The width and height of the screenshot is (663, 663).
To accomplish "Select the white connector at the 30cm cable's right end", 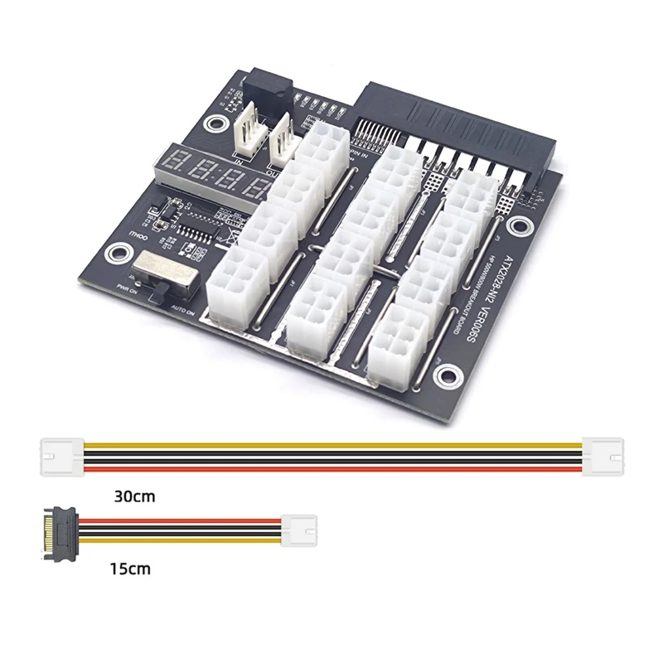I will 603,456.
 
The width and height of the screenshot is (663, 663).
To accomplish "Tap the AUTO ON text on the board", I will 184,308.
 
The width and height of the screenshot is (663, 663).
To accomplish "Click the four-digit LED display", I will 211,174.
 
